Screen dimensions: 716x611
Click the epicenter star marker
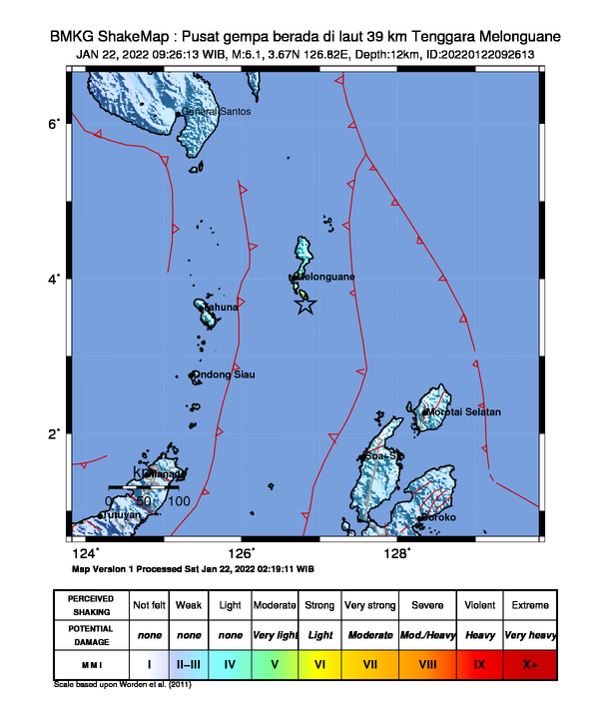[x=305, y=306]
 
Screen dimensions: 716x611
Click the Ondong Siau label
[x=224, y=374]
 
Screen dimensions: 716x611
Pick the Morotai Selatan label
[x=464, y=411]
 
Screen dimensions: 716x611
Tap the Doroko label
[x=437, y=517]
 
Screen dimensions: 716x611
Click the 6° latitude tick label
[x=56, y=123]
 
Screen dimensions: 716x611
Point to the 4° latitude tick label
[x=56, y=278]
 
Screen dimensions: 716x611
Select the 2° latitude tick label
[x=56, y=433]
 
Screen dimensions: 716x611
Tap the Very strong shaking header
[x=369, y=606]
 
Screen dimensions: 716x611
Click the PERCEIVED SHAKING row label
[x=92, y=606]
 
